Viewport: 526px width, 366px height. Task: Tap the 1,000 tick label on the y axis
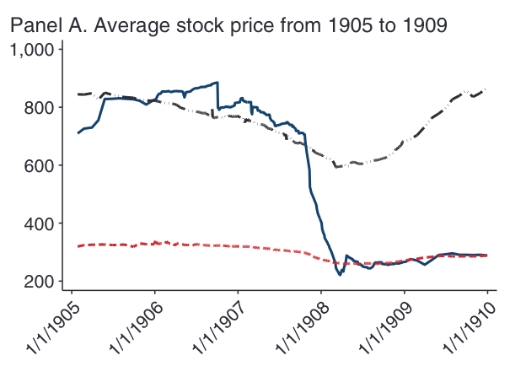click(x=33, y=50)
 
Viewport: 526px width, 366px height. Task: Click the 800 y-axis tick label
click(x=40, y=108)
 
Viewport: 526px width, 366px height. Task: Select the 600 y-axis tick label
click(x=40, y=166)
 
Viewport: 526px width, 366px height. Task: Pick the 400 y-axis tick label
click(x=40, y=223)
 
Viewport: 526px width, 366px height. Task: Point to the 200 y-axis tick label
click(x=40, y=282)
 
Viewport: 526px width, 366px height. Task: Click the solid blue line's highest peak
click(x=217, y=83)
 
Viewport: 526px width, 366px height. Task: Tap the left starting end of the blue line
click(x=78, y=132)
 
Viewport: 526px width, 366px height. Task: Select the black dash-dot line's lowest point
click(x=338, y=167)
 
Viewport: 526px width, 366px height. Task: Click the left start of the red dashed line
click(x=78, y=246)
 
